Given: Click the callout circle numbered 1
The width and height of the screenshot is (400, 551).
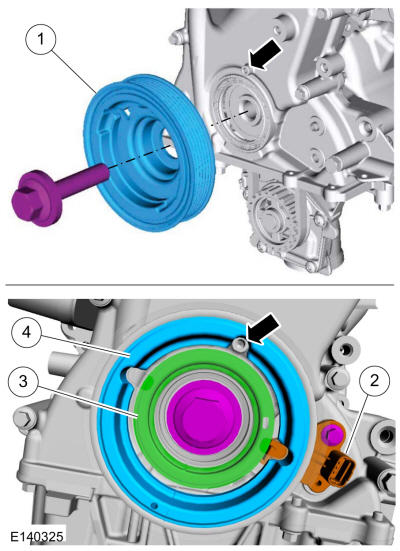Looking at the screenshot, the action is coord(41,39).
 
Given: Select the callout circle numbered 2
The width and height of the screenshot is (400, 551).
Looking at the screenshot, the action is coord(374,381).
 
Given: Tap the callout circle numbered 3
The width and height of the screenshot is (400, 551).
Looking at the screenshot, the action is coord(24,382).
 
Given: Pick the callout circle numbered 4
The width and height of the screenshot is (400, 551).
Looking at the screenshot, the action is coord(27,333).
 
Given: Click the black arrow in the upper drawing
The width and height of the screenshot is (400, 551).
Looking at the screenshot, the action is coord(265,56).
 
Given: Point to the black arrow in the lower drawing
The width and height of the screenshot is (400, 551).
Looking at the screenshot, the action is coord(264,328).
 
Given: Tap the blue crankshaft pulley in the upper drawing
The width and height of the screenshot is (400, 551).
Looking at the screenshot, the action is coord(149,153).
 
